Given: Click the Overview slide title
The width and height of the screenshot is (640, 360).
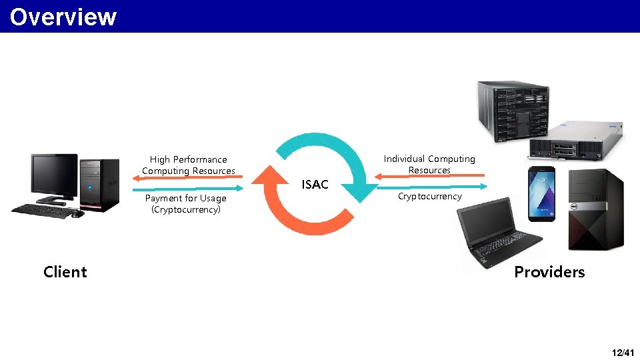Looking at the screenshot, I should pyautogui.click(x=63, y=17).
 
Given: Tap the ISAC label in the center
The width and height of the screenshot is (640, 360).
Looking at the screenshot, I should pyautogui.click(x=315, y=185).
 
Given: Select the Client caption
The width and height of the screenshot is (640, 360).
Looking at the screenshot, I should pyautogui.click(x=65, y=272).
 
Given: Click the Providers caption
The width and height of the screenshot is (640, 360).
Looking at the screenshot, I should pyautogui.click(x=549, y=272).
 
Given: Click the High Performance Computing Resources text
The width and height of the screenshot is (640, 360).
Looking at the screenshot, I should pyautogui.click(x=188, y=165).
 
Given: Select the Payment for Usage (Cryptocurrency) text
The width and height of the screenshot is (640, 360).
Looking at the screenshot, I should pyautogui.click(x=185, y=204).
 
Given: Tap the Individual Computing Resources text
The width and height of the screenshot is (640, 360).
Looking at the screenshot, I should pyautogui.click(x=429, y=164).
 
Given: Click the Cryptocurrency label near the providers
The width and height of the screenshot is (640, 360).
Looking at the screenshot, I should pyautogui.click(x=429, y=197).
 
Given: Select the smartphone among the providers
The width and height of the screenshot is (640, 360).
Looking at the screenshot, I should pyautogui.click(x=541, y=193).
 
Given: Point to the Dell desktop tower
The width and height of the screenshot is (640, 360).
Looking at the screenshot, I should pyautogui.click(x=595, y=209).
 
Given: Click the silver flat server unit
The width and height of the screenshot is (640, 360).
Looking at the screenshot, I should pyautogui.click(x=575, y=139).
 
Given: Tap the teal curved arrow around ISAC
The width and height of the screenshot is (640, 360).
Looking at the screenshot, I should pyautogui.click(x=333, y=153).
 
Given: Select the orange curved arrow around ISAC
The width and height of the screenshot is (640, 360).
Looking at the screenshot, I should pyautogui.click(x=287, y=207).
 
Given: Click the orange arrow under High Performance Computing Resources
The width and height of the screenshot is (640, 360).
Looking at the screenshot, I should pyautogui.click(x=193, y=177).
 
